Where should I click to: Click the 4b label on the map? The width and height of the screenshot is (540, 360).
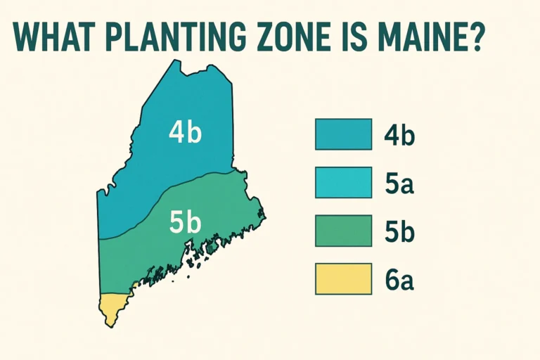[185, 132]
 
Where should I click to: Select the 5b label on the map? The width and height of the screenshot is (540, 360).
[186, 222]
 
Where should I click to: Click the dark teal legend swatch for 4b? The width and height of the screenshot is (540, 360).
[343, 134]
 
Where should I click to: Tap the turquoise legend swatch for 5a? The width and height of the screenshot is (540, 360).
[343, 183]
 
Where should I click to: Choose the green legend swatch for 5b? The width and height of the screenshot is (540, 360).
[343, 231]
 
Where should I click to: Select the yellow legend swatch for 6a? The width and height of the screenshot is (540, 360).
[343, 279]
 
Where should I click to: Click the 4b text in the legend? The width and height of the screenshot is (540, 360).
[399, 135]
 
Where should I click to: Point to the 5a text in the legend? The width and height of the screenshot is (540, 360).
[399, 184]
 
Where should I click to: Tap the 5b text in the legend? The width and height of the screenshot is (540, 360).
[399, 231]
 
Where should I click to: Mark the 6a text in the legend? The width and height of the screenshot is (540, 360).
[399, 280]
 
